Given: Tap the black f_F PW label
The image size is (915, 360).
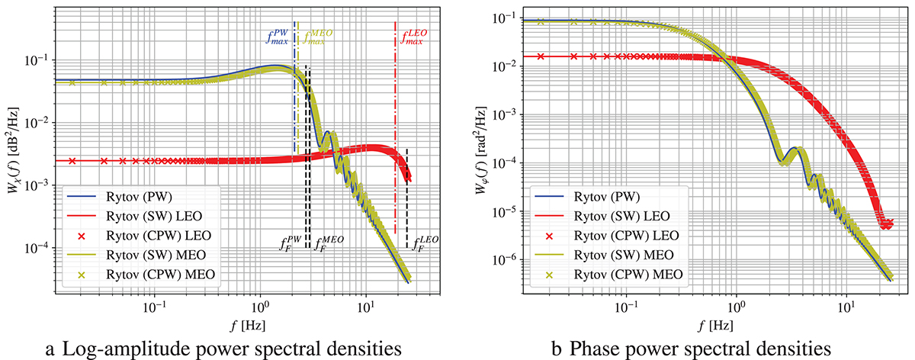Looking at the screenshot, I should click(x=290, y=246).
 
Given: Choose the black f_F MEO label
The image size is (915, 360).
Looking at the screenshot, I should click(x=330, y=246).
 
